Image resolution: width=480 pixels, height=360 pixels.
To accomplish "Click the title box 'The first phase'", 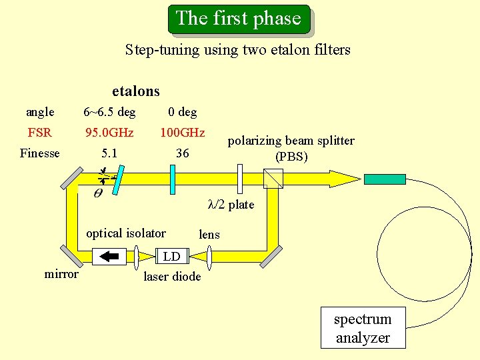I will coord(239,19).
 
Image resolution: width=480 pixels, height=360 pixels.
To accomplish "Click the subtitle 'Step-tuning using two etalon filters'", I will coord(237,49).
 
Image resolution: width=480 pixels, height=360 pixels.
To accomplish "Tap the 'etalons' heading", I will coord(136,91).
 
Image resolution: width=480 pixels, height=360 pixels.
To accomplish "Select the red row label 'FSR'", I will coord(40,132).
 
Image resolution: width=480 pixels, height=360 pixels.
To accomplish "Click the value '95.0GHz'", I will coord(109,132).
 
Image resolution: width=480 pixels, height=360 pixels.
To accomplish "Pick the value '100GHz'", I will coord(182,132).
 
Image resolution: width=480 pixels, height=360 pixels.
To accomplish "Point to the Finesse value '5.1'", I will coord(109,153).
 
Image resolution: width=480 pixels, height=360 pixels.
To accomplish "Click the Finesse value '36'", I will coord(182,153).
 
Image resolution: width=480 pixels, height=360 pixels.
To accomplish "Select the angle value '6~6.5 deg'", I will coord(109,111).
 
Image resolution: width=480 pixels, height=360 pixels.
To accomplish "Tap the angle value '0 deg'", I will coord(182,111).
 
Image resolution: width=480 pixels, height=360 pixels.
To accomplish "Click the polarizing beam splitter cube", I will coord(273,179).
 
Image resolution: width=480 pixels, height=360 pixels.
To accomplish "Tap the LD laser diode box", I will coord(172,256).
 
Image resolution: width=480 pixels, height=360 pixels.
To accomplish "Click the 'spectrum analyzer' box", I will coord(363,328).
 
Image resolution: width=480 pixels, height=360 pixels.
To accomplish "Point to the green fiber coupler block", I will coord(385,179).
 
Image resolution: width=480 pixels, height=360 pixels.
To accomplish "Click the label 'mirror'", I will coord(61,274).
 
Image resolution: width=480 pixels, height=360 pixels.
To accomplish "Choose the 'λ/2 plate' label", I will coord(231,205).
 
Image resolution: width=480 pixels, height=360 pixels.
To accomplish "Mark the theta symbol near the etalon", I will coord(97,193).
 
